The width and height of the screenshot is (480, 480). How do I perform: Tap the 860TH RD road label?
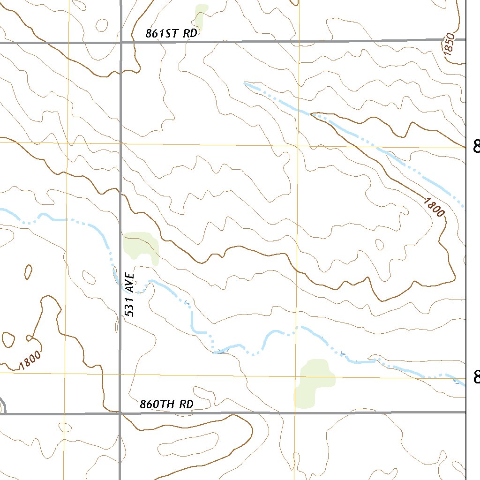(x=166, y=405)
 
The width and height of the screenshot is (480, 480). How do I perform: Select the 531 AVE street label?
(x=130, y=295)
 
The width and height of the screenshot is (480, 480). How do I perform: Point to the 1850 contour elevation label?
(x=449, y=45)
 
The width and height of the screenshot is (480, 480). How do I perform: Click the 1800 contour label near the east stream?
(x=434, y=207)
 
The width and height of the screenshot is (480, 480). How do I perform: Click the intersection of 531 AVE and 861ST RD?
(x=121, y=42)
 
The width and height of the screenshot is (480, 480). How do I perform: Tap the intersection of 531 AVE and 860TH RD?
(x=120, y=413)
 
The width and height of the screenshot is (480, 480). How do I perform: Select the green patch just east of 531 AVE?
(x=141, y=246)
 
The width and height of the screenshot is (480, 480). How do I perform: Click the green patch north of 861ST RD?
(x=201, y=16)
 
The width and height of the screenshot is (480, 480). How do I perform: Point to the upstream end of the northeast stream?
(x=245, y=83)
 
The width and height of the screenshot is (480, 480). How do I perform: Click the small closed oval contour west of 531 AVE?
(x=28, y=271)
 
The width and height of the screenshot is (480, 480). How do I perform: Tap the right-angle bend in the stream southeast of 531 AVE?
(x=192, y=331)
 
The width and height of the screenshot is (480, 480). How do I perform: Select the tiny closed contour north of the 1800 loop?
(x=380, y=244)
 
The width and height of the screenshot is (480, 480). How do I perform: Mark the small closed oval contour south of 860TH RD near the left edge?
(x=65, y=427)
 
